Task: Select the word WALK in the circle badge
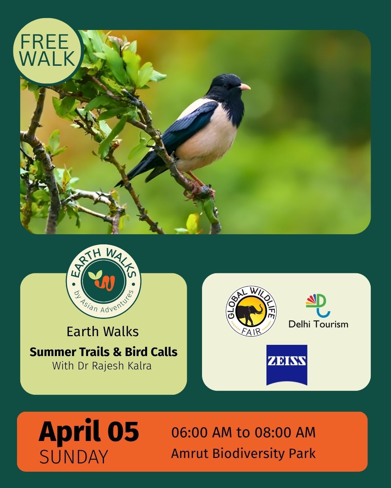49,58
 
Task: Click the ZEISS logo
287,365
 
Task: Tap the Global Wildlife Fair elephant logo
251,311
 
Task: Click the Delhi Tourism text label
318,324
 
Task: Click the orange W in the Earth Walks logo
106,283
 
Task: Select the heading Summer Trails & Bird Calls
104,352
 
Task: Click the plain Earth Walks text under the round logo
103,332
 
